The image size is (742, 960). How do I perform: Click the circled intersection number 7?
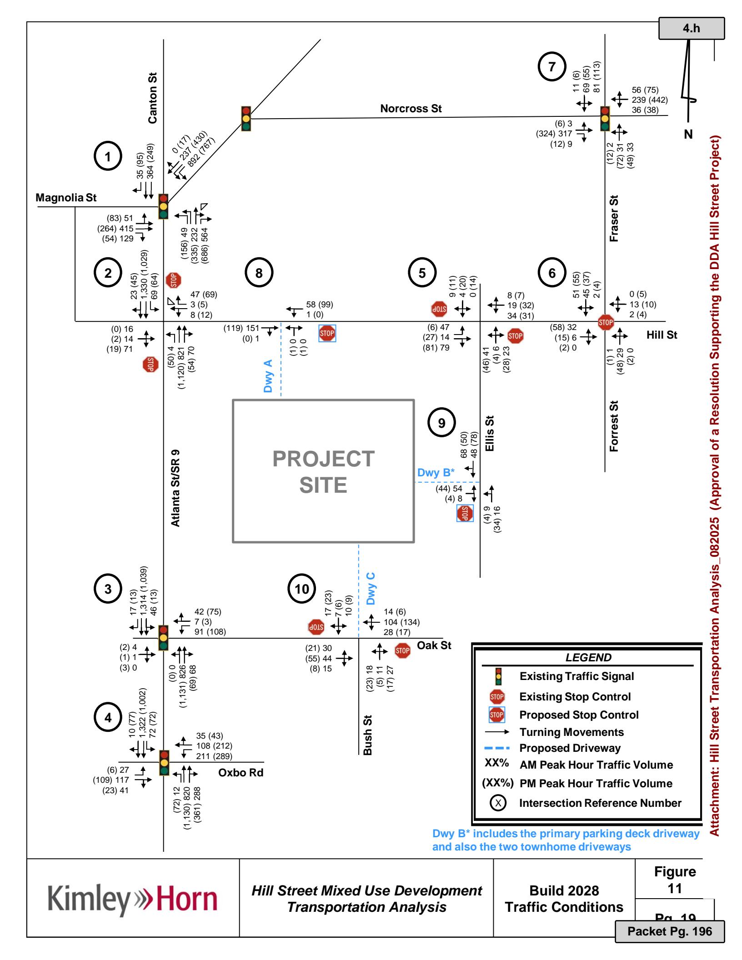[551, 66]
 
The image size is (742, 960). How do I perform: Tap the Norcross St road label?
[411, 109]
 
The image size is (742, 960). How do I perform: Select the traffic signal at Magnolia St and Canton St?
[163, 206]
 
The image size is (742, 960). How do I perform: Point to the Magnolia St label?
[66, 198]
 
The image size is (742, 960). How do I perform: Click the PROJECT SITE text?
[323, 472]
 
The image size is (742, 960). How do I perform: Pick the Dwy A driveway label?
[268, 376]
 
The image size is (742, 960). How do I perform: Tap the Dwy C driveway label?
[371, 588]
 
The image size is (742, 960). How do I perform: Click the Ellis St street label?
[490, 433]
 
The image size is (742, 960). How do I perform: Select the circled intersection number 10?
[302, 589]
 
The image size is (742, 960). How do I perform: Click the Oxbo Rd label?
[241, 773]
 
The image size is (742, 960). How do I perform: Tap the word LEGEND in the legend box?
[588, 657]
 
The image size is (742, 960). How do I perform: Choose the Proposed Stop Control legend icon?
[496, 715]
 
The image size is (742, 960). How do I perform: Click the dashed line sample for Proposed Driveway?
[496, 748]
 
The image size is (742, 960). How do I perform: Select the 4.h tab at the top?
[692, 29]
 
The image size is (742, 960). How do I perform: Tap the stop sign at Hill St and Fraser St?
[606, 322]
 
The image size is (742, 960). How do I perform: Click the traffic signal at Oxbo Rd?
[164, 762]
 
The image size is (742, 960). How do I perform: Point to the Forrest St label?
[614, 426]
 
